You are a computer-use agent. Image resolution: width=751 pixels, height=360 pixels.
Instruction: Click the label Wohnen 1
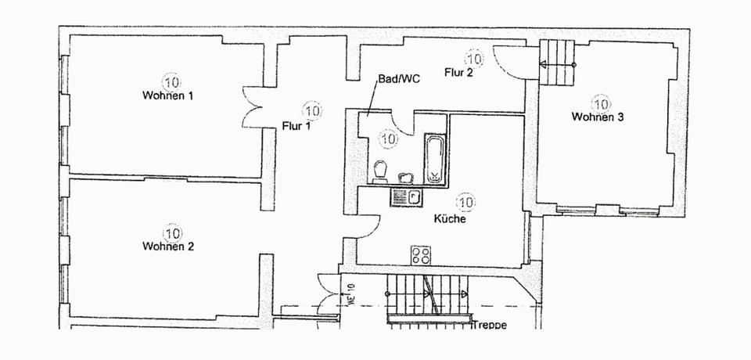tap(167, 95)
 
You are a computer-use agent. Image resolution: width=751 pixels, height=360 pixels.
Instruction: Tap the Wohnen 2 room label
tap(167, 247)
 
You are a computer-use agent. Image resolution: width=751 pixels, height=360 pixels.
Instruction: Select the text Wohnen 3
tap(597, 117)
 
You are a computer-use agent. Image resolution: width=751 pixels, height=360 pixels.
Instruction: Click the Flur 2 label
tap(458, 74)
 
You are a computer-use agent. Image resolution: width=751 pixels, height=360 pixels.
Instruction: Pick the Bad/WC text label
tap(393, 79)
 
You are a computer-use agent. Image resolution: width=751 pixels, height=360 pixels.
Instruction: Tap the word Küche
tap(450, 219)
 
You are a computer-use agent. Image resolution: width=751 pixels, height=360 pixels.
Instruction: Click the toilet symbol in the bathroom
tap(380, 170)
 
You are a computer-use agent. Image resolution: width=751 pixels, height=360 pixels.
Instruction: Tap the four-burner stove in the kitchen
tap(422, 254)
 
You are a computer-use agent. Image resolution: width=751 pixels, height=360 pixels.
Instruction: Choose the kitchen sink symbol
tap(407, 196)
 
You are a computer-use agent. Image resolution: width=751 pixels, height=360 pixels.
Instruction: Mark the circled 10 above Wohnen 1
tap(171, 81)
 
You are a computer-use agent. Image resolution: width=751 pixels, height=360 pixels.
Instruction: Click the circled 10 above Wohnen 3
tap(601, 103)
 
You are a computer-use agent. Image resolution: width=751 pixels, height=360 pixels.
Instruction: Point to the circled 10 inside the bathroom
tap(387, 139)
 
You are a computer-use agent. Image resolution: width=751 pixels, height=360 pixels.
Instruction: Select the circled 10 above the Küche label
tap(465, 203)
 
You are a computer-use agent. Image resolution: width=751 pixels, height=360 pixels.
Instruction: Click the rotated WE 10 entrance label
tap(351, 296)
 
